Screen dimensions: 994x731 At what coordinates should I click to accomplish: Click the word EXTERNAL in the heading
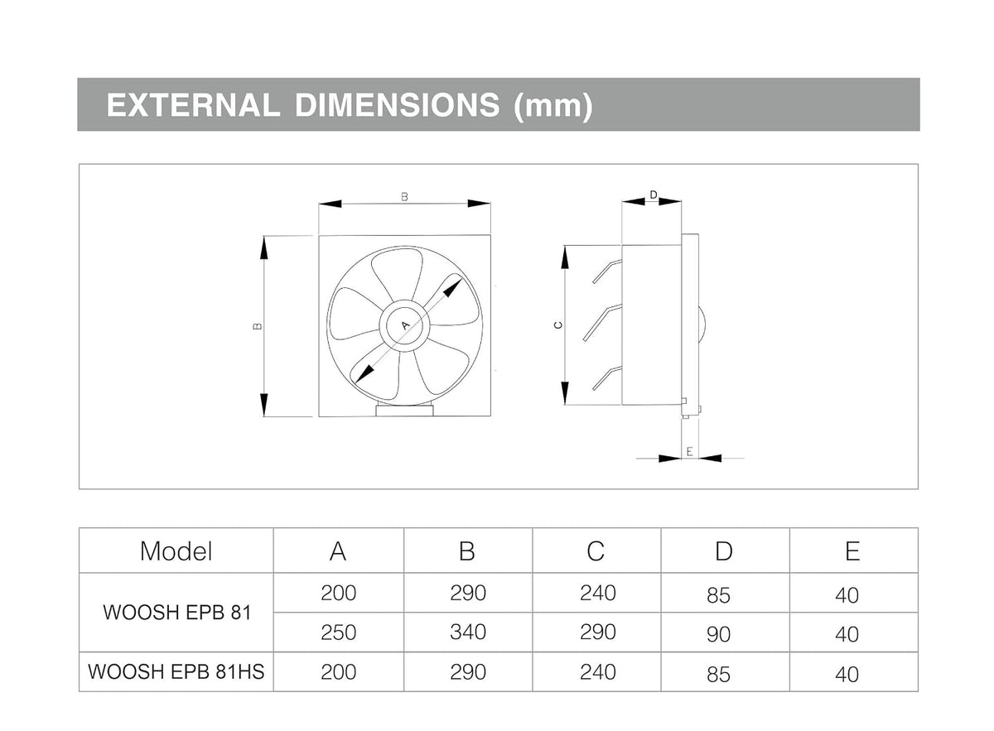click(193, 105)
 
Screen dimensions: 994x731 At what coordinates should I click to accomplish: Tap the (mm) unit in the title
click(553, 107)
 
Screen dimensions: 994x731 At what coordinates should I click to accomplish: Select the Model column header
click(176, 551)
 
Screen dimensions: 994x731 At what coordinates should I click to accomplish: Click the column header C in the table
click(596, 551)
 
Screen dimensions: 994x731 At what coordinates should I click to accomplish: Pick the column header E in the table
click(852, 551)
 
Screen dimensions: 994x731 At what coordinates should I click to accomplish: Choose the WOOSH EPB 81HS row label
click(176, 671)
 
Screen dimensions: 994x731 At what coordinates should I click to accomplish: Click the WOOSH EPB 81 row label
click(177, 613)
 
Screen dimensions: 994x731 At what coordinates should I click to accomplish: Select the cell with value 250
click(338, 632)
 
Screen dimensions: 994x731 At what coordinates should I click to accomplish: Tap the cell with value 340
click(468, 632)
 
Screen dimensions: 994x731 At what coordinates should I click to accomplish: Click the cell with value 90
click(718, 635)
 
